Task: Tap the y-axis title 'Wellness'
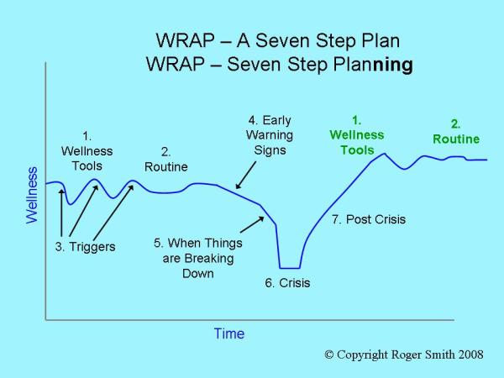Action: click(32, 194)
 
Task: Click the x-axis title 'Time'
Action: click(228, 333)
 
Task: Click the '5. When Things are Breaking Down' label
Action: click(197, 258)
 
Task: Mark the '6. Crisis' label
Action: click(287, 283)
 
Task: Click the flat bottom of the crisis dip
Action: click(290, 267)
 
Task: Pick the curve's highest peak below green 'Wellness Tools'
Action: click(384, 154)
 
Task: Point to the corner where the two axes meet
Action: click(45, 319)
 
